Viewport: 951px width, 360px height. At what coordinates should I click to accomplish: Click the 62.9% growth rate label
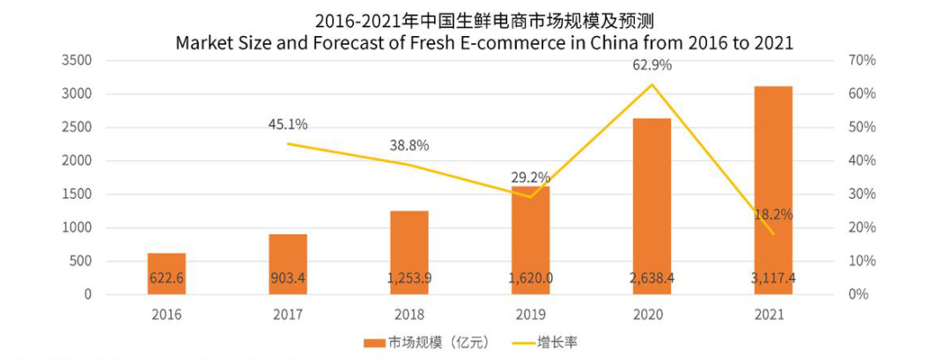click(x=652, y=64)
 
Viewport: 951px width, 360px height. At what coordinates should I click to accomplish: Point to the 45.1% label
click(x=288, y=124)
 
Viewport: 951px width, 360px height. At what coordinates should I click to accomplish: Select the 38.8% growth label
click(x=409, y=145)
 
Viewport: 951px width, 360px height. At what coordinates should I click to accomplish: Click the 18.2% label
click(x=773, y=214)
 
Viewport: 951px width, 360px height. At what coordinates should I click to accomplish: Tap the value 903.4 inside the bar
click(x=288, y=279)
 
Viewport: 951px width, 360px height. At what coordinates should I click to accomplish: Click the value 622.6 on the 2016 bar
click(x=166, y=279)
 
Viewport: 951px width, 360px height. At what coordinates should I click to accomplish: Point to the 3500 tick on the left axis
click(x=77, y=61)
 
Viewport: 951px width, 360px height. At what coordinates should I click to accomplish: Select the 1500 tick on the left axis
click(x=77, y=195)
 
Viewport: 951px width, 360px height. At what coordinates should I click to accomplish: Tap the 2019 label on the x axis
click(x=531, y=313)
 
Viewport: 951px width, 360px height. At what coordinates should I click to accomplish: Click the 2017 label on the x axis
click(x=288, y=313)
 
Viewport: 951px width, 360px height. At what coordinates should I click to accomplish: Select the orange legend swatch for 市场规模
click(x=375, y=342)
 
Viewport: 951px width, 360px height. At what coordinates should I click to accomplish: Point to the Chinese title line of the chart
click(x=475, y=18)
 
